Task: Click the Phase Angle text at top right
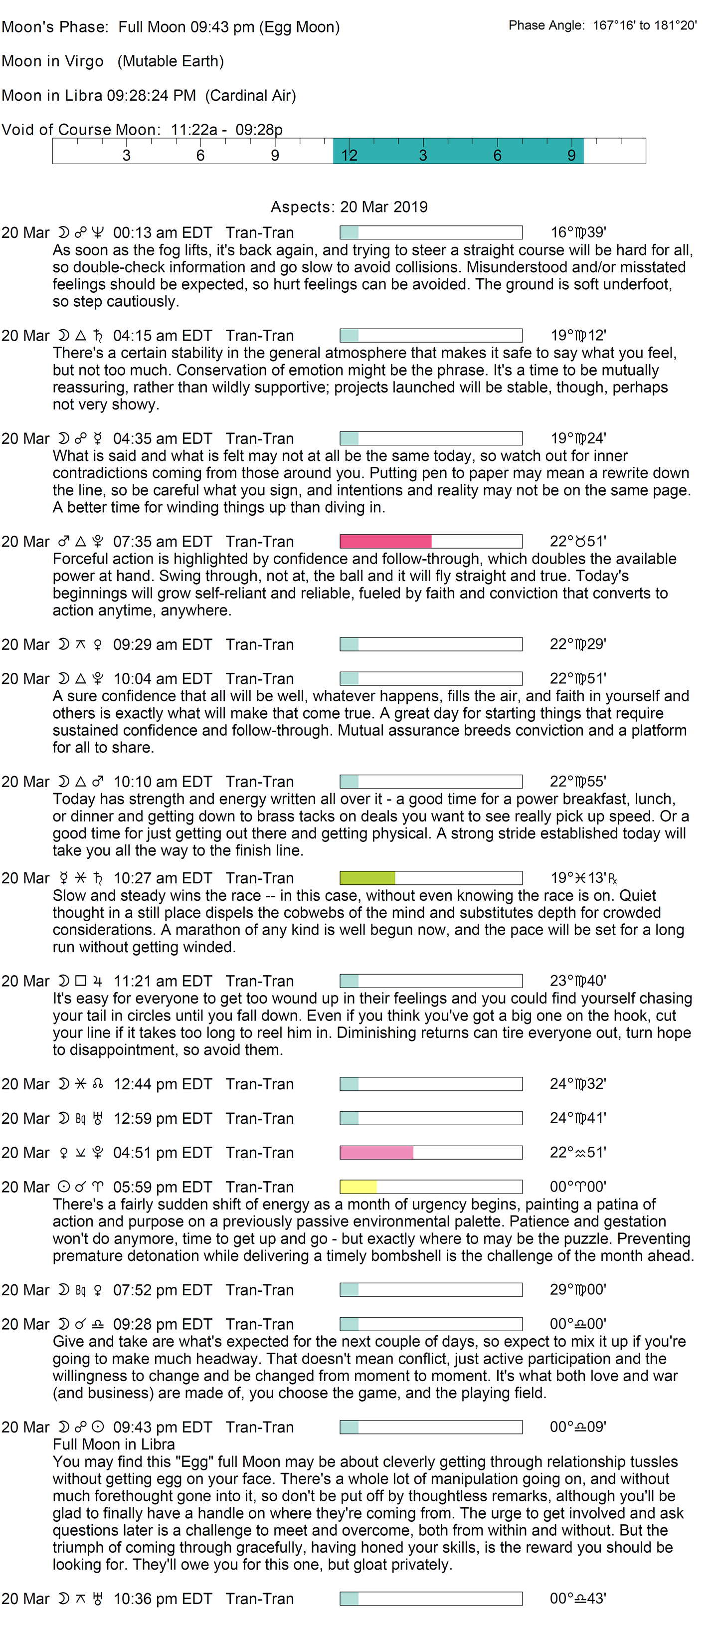(x=602, y=25)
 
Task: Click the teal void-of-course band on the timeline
(x=458, y=152)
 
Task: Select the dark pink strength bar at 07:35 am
(x=385, y=541)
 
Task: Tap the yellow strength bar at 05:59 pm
(x=358, y=1187)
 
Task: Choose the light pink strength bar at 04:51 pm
(x=376, y=1153)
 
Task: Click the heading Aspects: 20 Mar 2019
(x=349, y=207)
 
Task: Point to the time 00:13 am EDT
(x=162, y=233)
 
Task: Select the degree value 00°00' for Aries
(x=577, y=1187)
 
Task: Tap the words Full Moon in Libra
(x=114, y=1444)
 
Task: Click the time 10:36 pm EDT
(x=162, y=1599)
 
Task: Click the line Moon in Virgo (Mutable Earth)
(x=112, y=61)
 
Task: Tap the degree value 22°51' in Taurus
(x=577, y=541)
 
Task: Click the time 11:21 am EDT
(x=162, y=981)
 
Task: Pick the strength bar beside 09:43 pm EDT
(x=431, y=1427)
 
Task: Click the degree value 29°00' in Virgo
(x=577, y=1290)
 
